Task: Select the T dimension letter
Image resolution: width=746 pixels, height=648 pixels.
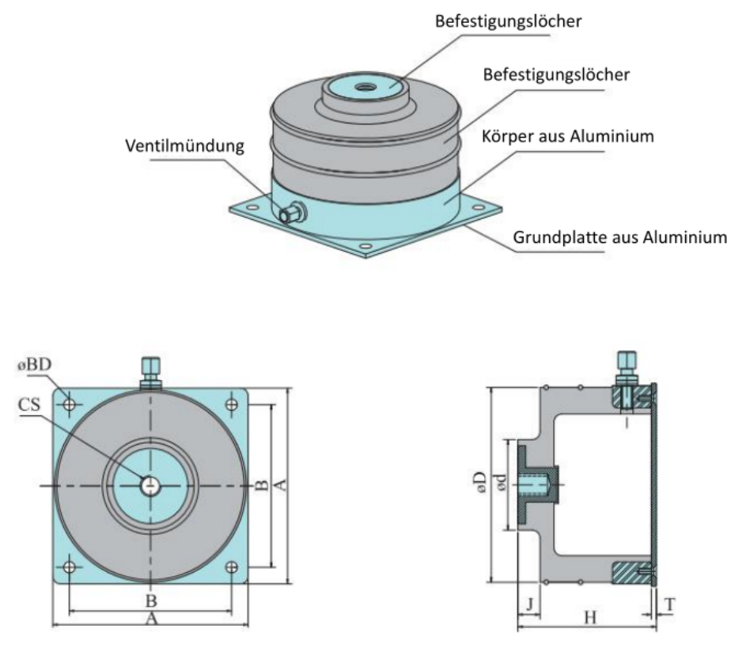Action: point(670,604)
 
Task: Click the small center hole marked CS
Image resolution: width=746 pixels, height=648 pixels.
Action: point(150,485)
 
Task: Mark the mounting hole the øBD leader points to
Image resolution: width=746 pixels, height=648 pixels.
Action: point(69,404)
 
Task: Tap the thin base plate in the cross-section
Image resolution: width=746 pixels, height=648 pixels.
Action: point(655,485)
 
